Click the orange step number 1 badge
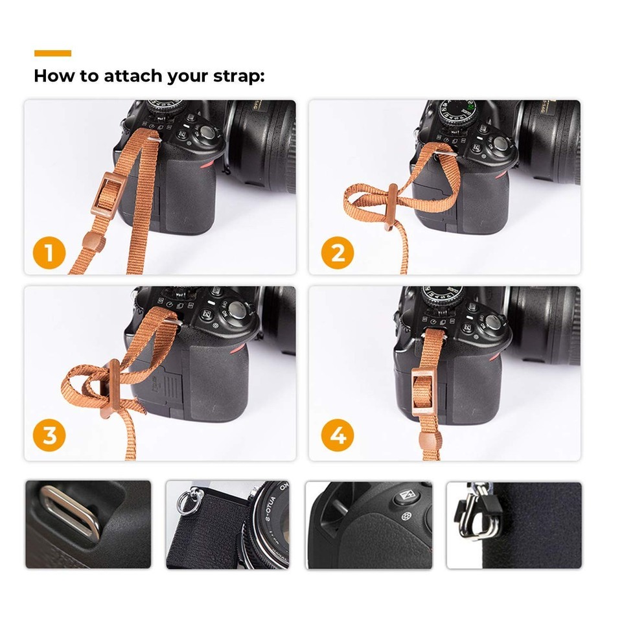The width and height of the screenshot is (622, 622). click(x=49, y=253)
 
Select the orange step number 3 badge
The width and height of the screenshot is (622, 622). click(x=49, y=435)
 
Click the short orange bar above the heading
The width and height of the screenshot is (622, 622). click(x=52, y=53)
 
